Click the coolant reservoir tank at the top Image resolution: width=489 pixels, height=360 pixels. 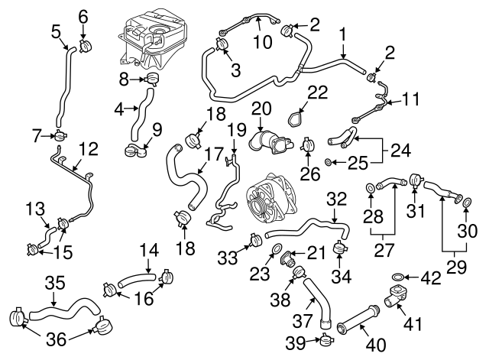coord(152,38)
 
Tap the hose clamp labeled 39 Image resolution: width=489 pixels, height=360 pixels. coord(325,341)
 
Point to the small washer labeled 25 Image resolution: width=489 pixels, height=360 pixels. coord(329,162)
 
